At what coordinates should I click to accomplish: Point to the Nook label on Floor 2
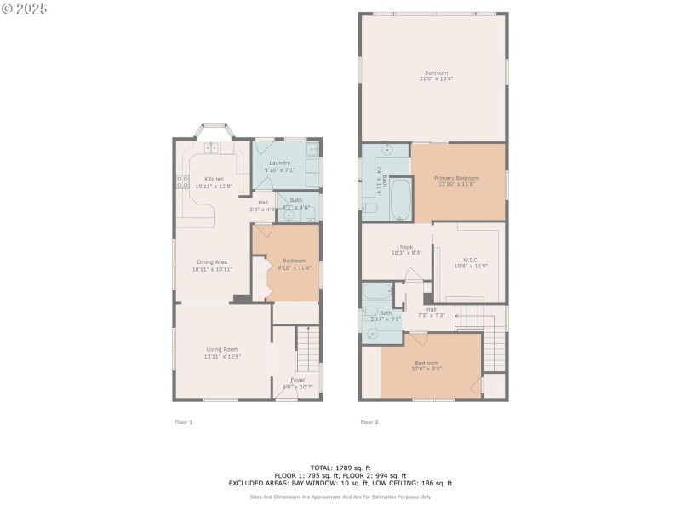(394, 247)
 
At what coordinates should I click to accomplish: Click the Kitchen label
(213, 179)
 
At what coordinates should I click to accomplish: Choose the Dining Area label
(212, 262)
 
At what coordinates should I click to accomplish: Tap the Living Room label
(222, 349)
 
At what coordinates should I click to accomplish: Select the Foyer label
(298, 379)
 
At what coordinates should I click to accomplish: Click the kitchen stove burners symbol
(182, 181)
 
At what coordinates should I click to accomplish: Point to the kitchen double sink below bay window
(210, 148)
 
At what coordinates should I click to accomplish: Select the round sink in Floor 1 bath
(289, 215)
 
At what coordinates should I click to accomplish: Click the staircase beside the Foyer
(306, 349)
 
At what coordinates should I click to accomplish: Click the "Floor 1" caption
(184, 422)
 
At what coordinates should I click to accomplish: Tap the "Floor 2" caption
(369, 422)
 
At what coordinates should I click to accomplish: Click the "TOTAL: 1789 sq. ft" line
(340, 468)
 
